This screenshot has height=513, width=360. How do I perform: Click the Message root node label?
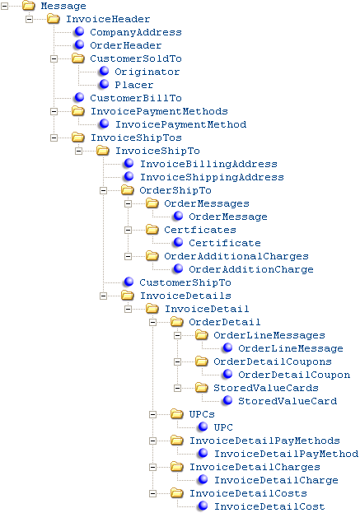(63, 6)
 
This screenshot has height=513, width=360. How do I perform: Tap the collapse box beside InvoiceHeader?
(29, 19)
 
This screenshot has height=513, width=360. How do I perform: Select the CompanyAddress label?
(136, 32)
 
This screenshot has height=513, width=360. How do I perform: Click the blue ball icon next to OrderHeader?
(79, 44)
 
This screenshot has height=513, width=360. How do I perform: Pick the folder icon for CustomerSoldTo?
(78, 58)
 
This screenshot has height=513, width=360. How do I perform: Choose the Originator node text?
(147, 72)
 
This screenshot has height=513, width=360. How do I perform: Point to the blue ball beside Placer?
(104, 84)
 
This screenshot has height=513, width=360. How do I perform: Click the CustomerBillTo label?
(136, 98)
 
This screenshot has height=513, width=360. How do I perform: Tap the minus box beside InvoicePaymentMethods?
(54, 111)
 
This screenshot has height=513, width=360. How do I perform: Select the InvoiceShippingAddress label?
(212, 177)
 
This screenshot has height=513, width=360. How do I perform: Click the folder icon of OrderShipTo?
(128, 189)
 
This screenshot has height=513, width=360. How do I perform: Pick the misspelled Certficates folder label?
(200, 230)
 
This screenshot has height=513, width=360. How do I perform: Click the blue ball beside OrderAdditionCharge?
(178, 268)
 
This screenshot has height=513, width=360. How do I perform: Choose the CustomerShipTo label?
(185, 282)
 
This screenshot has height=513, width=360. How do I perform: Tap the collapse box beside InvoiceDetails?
(104, 296)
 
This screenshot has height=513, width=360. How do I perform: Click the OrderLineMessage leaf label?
(291, 348)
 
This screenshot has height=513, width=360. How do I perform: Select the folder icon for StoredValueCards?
(202, 387)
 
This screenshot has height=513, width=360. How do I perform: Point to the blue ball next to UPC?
(203, 427)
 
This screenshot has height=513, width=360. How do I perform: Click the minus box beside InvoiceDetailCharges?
(153, 467)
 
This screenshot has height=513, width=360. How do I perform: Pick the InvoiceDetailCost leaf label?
(269, 506)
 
